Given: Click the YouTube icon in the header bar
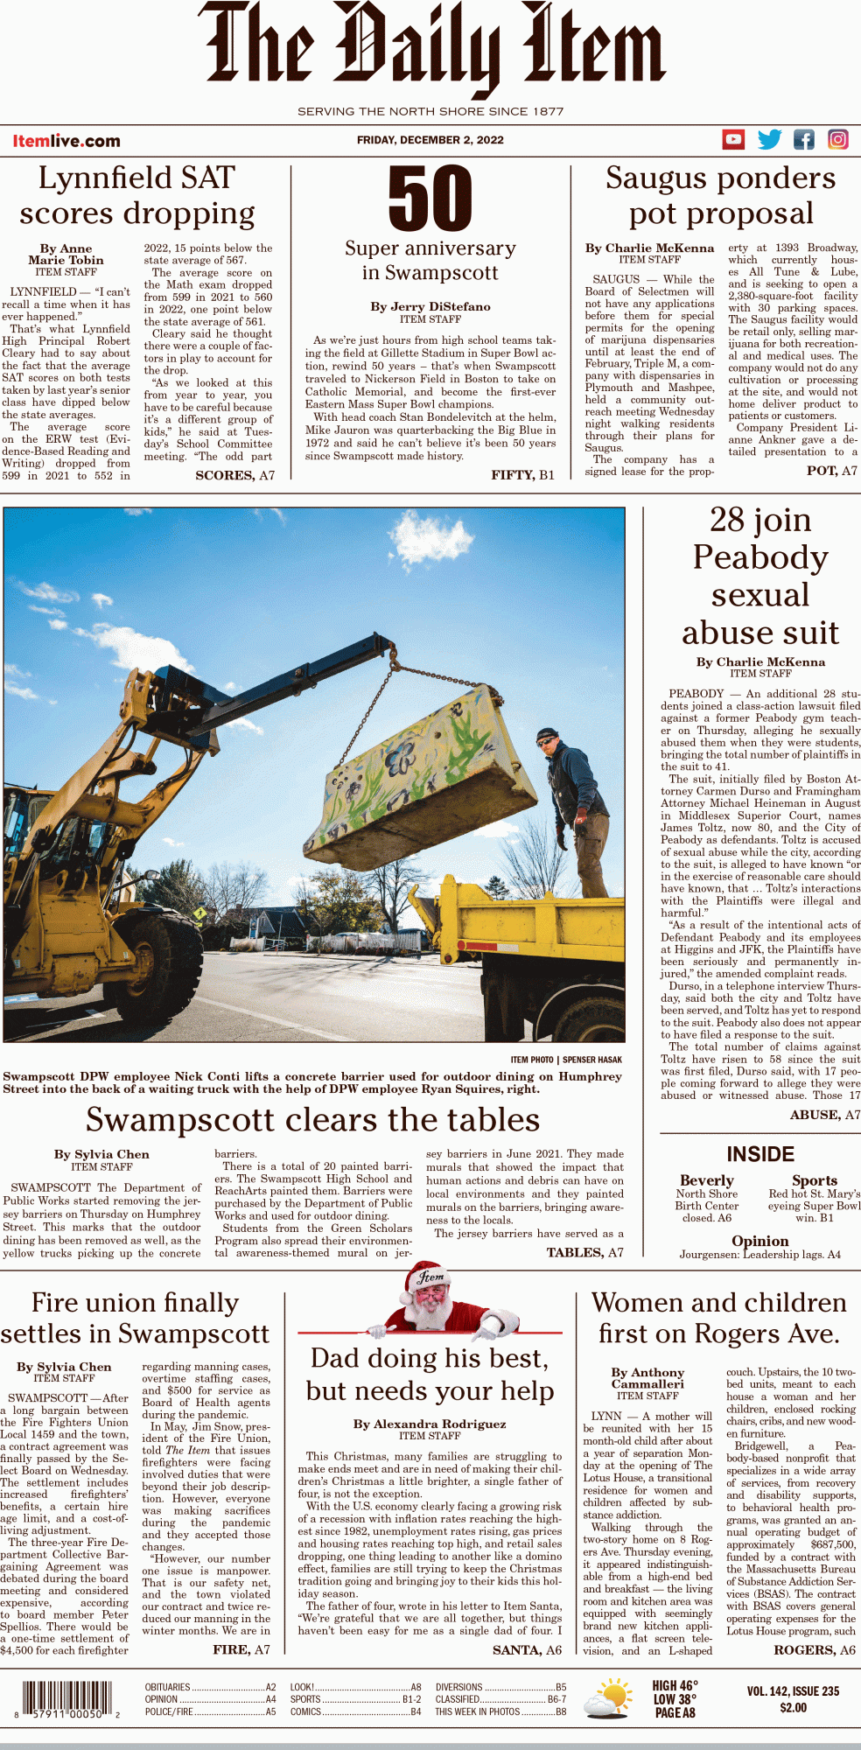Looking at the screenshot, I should (733, 139).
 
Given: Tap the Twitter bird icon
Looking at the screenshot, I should (769, 139).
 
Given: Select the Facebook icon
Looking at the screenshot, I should (803, 139).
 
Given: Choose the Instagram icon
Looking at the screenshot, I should (837, 139).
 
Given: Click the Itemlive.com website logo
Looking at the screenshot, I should (66, 141).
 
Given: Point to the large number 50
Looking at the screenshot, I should (430, 199).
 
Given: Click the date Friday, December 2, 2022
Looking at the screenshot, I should (430, 140).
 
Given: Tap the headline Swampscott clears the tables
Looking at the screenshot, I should (312, 1120).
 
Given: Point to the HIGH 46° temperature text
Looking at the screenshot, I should (675, 1685).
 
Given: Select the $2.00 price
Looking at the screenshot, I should (793, 1707).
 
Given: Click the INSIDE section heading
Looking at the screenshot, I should (760, 1154).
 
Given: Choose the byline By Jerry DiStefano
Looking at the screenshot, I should (430, 306).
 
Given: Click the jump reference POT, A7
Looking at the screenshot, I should (831, 471).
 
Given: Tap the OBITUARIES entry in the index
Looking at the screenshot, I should (168, 1687).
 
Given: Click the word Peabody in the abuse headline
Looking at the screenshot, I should (760, 557).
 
